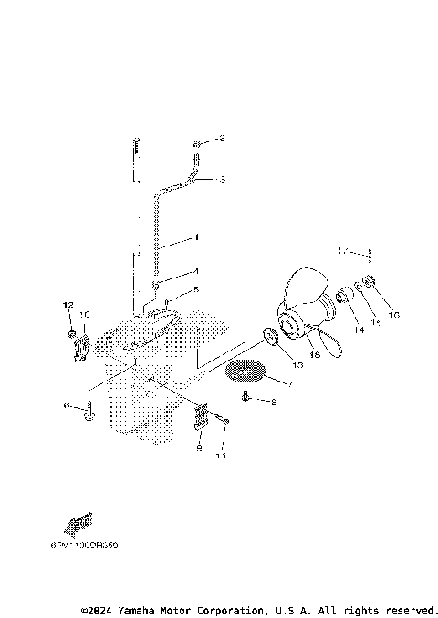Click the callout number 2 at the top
[220, 139]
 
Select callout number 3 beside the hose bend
[222, 180]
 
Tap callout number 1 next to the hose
[195, 237]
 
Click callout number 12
[67, 304]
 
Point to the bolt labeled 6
[89, 413]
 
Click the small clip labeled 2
[197, 143]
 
